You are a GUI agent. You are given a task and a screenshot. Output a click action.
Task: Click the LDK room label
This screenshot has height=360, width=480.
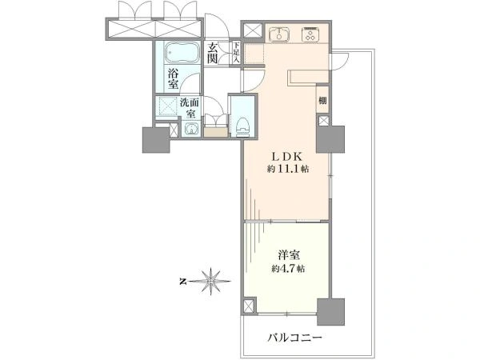pyautogui.click(x=287, y=157)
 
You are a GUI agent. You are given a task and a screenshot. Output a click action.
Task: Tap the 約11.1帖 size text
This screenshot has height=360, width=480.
pyautogui.click(x=288, y=169)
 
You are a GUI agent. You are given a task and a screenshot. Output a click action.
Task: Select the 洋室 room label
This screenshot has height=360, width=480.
pyautogui.click(x=289, y=256)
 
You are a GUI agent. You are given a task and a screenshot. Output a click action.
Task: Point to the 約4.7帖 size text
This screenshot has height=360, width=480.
pyautogui.click(x=288, y=269)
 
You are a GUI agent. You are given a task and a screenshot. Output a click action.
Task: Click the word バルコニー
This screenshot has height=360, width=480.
pyautogui.click(x=294, y=338)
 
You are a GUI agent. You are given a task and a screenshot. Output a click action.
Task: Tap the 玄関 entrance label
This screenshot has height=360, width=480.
pyautogui.click(x=212, y=53)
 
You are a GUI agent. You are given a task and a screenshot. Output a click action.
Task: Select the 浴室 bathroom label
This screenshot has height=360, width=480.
pyautogui.click(x=173, y=78)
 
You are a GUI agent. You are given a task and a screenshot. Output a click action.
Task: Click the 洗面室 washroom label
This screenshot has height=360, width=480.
pyautogui.click(x=190, y=107)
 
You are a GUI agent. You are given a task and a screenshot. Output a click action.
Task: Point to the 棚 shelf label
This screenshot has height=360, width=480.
pyautogui.click(x=322, y=101)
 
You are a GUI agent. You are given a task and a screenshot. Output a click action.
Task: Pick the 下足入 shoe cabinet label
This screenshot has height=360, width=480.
pyautogui.click(x=236, y=53)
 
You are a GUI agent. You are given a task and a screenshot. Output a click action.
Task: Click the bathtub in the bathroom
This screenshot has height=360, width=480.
pyautogui.click(x=182, y=53)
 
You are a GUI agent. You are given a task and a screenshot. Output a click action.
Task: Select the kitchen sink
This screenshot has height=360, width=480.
pyautogui.click(x=279, y=34)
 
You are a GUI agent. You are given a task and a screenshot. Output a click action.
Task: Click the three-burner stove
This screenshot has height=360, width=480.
pyautogui.click(x=310, y=34)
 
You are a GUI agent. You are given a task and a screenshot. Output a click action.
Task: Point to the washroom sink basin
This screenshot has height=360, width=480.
pyautogui.click(x=192, y=129)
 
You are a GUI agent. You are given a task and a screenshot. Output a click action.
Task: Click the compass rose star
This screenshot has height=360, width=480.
pyautogui.click(x=211, y=281)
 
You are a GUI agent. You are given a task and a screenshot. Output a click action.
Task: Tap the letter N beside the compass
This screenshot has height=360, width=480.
pyautogui.click(x=182, y=282)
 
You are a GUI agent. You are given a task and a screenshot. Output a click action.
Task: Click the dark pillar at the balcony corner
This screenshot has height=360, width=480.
pyautogui.click(x=330, y=312)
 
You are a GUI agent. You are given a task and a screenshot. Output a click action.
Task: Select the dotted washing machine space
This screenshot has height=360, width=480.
pyautogui.click(x=167, y=106)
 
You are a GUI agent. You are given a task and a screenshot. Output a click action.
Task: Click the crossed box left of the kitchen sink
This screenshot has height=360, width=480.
pyautogui.click(x=253, y=31)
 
